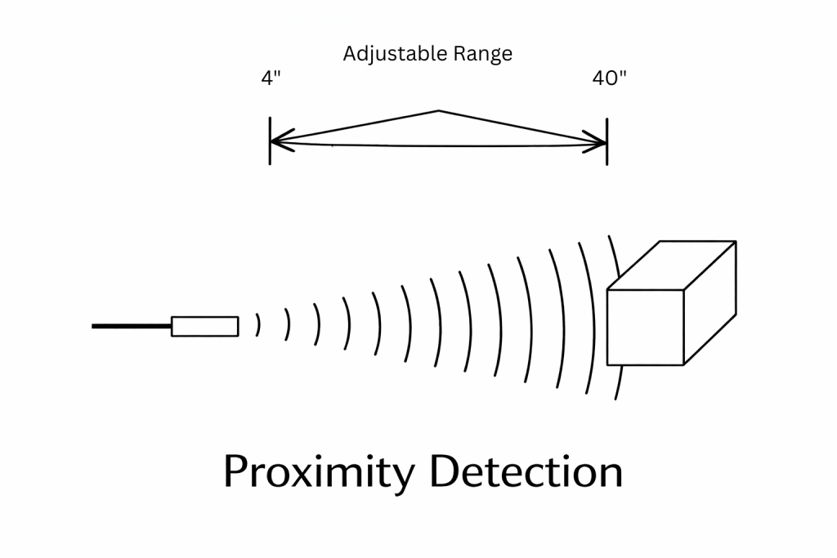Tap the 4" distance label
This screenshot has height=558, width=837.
pos(271,80)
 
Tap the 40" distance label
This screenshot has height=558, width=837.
pos(610,80)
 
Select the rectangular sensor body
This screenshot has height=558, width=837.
pos(204,326)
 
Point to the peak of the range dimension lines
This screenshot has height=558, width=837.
pos(439,111)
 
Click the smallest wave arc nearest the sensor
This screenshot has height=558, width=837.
pos(258,325)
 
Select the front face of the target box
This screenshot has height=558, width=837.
pos(645,327)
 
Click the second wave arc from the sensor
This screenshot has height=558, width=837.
pos(288,325)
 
